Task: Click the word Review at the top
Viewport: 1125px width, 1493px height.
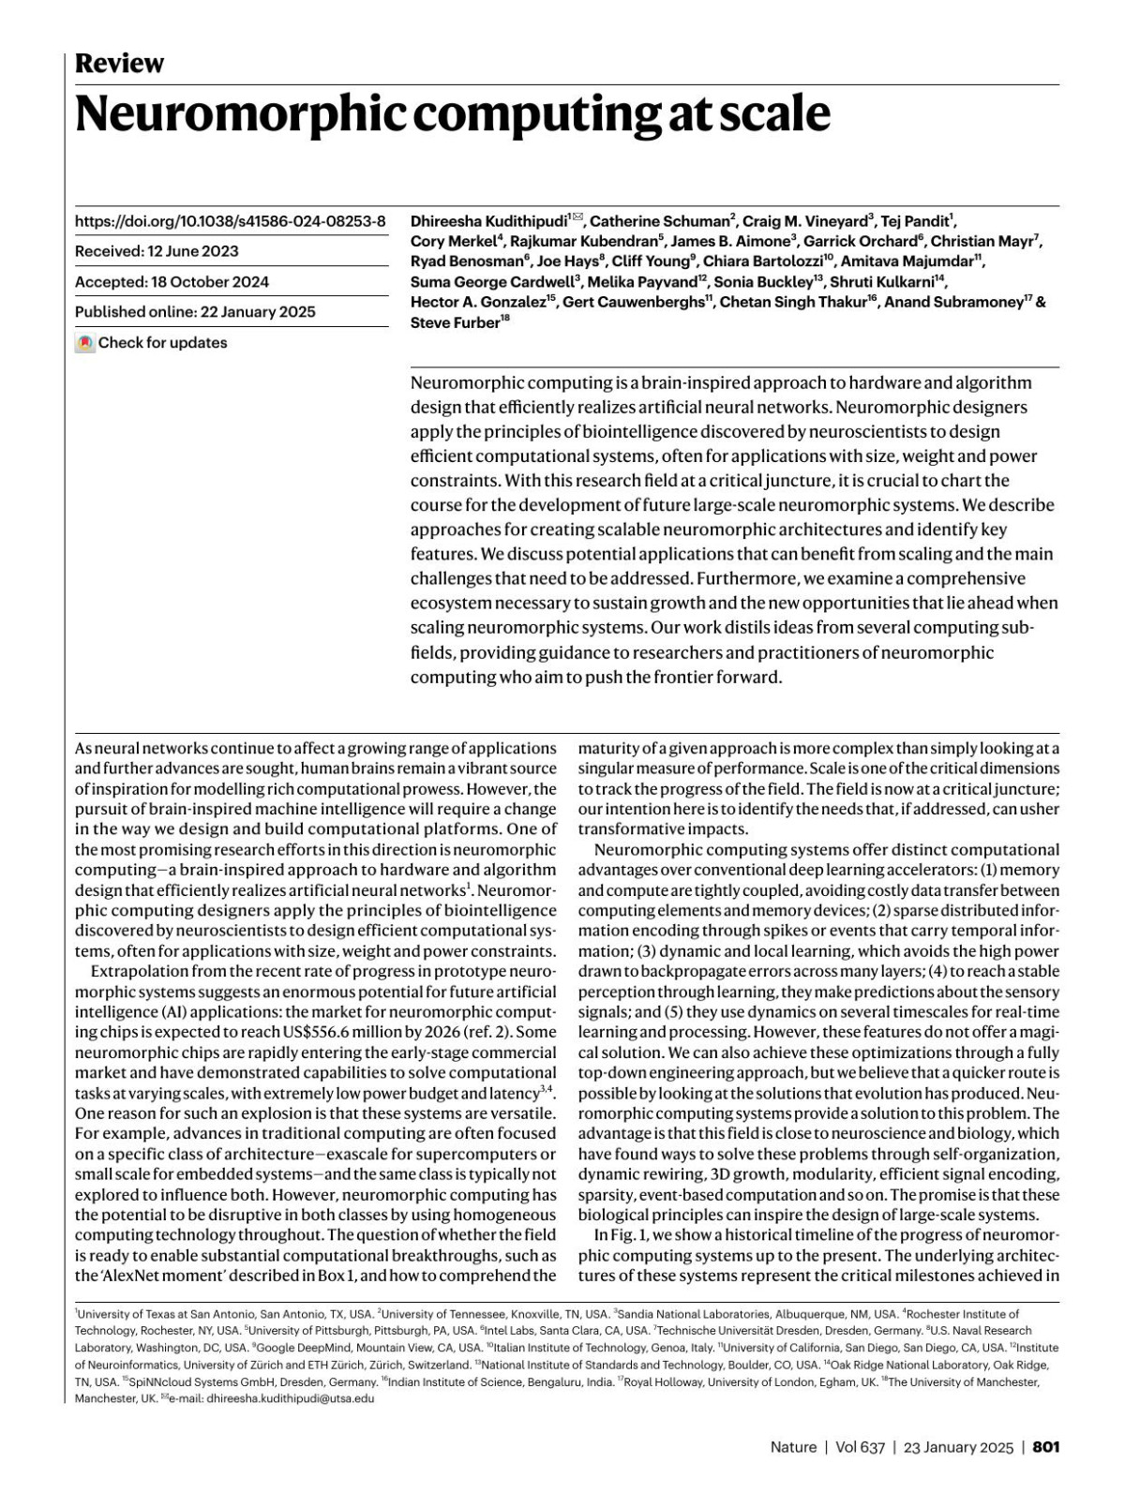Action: click(119, 64)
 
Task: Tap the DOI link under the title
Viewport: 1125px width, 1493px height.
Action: click(230, 221)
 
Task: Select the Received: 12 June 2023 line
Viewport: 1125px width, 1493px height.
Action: click(157, 251)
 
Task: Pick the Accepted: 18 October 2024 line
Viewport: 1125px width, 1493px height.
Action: click(172, 282)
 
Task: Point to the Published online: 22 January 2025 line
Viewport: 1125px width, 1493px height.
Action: click(195, 312)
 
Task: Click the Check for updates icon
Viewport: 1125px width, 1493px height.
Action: click(85, 343)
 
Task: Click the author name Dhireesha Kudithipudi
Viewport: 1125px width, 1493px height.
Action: click(488, 222)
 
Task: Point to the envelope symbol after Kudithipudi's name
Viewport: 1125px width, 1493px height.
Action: click(577, 218)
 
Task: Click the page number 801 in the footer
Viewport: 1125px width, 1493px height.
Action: click(1045, 1447)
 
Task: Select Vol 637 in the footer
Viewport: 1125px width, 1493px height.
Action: click(860, 1447)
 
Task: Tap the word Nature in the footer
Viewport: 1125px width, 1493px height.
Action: click(793, 1447)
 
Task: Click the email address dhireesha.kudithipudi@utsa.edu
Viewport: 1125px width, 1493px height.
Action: click(290, 1398)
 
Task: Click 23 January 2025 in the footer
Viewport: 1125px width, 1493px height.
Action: click(958, 1447)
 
